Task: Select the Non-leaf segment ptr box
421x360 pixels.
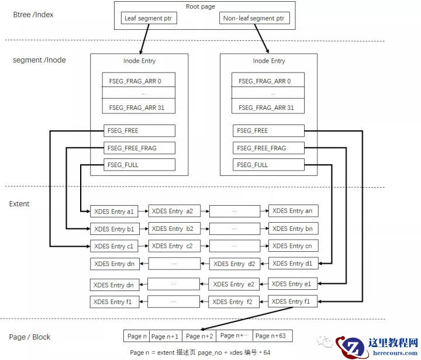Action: tap(255, 19)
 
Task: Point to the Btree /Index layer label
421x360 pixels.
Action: tap(33, 14)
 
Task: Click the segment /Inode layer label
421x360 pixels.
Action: tap(39, 60)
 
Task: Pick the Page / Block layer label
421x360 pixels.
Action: tap(30, 337)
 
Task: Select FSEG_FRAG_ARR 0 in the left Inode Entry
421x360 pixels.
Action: tap(139, 81)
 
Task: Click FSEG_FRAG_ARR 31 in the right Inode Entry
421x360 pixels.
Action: tap(269, 108)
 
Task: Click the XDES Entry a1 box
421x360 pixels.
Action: tap(115, 211)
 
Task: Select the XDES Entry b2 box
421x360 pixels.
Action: tap(174, 229)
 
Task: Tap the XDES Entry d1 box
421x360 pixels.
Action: tap(293, 264)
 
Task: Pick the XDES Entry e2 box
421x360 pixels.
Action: tap(234, 285)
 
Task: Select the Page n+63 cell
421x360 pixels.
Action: tap(271, 336)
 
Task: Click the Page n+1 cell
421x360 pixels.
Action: tap(165, 336)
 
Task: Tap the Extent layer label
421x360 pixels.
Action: tap(19, 204)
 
